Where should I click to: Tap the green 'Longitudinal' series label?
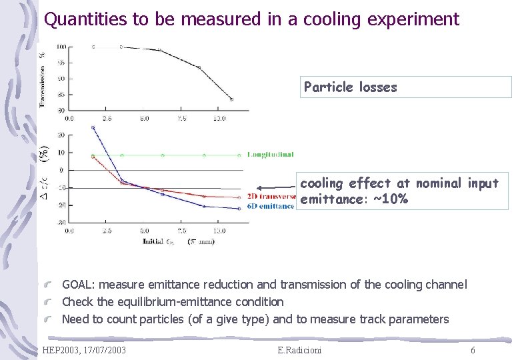click(x=271, y=155)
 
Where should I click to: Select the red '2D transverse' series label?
click(x=271, y=197)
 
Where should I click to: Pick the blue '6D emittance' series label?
click(x=270, y=206)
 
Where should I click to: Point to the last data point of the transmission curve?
click(x=231, y=99)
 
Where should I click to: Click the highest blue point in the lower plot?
click(x=93, y=127)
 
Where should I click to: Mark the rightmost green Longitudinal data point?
click(x=239, y=155)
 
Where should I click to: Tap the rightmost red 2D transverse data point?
click(x=239, y=197)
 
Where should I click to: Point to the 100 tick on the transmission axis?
click(x=61, y=47)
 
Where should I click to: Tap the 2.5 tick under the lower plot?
click(x=107, y=231)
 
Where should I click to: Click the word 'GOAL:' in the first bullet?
click(x=79, y=285)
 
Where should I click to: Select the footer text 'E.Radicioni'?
click(x=299, y=351)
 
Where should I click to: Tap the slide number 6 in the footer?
click(x=473, y=351)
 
